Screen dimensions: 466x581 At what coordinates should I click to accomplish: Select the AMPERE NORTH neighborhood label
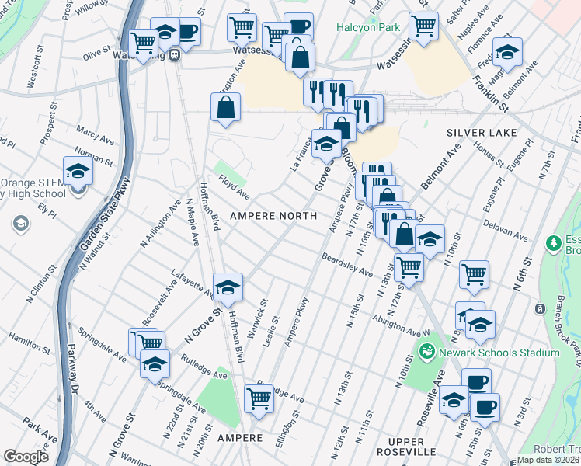click(x=272, y=215)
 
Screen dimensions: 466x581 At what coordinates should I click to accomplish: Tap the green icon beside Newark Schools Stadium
click(x=426, y=353)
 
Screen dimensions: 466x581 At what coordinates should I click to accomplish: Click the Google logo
click(x=26, y=457)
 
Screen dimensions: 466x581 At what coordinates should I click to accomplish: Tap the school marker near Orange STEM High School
click(x=78, y=169)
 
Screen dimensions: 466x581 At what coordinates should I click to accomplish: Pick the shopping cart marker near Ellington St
click(x=259, y=398)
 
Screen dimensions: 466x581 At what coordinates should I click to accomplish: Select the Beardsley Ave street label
click(x=347, y=264)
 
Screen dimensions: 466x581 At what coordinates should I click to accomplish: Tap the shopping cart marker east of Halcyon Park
click(x=423, y=25)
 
